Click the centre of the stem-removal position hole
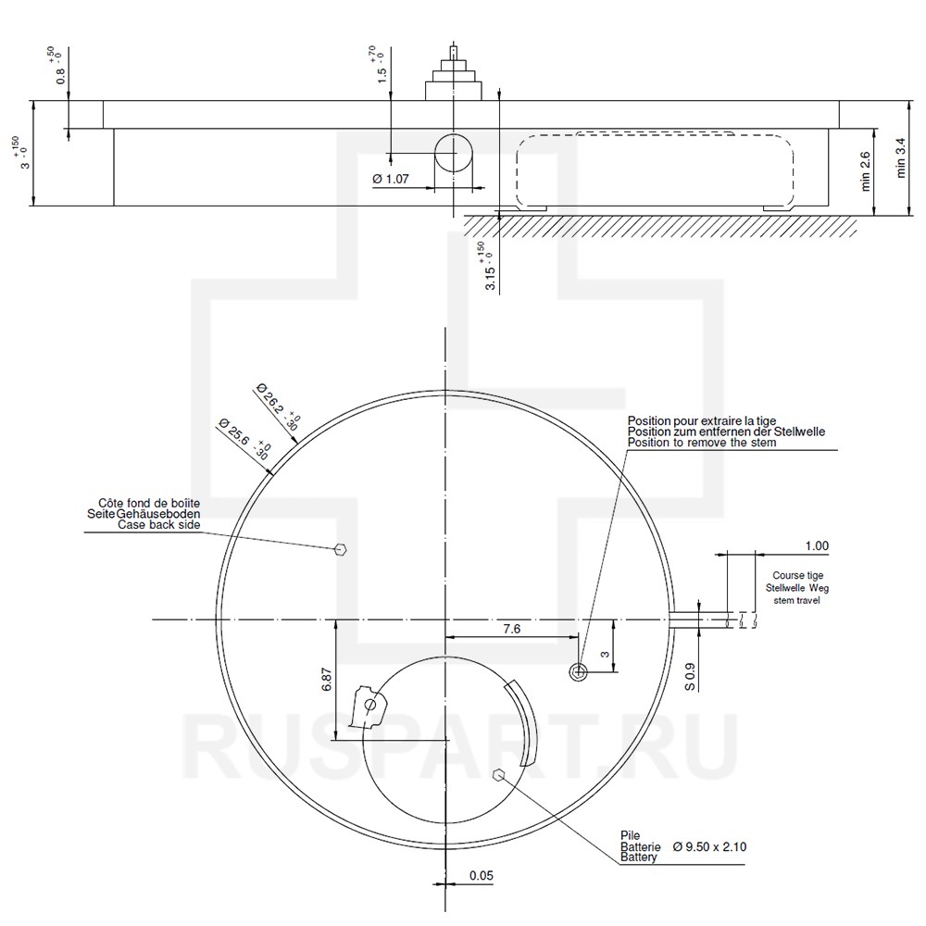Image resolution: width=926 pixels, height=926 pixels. coord(579,671)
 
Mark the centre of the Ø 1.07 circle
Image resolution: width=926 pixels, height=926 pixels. coord(454,153)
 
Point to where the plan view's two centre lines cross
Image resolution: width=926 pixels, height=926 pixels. coord(444,619)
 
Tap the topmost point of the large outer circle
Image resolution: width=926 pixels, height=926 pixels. coord(444,391)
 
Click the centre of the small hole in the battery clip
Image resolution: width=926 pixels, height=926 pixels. coord(370,705)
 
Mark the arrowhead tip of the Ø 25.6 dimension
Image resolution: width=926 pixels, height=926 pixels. coord(273,474)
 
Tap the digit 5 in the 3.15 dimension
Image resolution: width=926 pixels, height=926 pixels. coord(490,270)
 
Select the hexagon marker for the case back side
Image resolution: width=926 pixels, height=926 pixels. coord(341,550)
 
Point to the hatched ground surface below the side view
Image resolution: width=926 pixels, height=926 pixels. coord(660,226)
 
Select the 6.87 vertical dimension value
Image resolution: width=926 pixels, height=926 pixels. coord(328,679)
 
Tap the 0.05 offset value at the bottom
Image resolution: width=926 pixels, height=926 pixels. coord(482,876)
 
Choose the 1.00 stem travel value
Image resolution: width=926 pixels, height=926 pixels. coord(818,546)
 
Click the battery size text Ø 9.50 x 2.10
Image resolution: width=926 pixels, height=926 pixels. coord(710,847)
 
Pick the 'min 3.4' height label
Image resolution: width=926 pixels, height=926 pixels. coord(900,157)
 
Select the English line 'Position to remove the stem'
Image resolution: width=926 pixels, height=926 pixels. coord(702,443)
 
